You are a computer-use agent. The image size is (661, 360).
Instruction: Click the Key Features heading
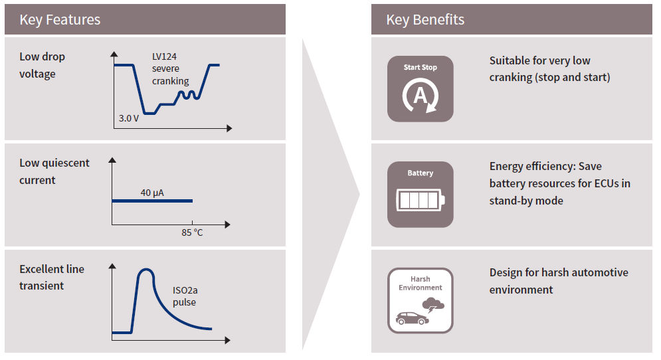pos(60,20)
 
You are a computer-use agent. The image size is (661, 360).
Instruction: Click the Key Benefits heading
pos(425,20)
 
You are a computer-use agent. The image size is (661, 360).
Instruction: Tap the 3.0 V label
pos(129,118)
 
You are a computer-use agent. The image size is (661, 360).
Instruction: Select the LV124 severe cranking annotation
pos(170,69)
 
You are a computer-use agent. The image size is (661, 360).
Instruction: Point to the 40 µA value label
pos(152,193)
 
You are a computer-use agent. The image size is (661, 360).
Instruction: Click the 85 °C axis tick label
pos(192,233)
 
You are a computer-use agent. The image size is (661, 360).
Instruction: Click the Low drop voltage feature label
pos(42,65)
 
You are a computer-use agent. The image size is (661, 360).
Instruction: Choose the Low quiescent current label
pos(54,171)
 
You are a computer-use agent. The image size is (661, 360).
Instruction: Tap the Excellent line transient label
pos(51,277)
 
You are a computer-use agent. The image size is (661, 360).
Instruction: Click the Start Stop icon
pos(420,89)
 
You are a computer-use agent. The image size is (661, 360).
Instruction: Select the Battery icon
pos(420,195)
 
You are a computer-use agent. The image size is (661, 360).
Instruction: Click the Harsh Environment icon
pos(420,300)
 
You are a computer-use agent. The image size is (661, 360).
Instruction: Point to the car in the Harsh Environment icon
pos(412,319)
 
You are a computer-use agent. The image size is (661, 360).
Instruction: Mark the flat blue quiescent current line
pos(151,201)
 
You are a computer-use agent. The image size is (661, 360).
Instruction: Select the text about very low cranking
pos(549,69)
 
